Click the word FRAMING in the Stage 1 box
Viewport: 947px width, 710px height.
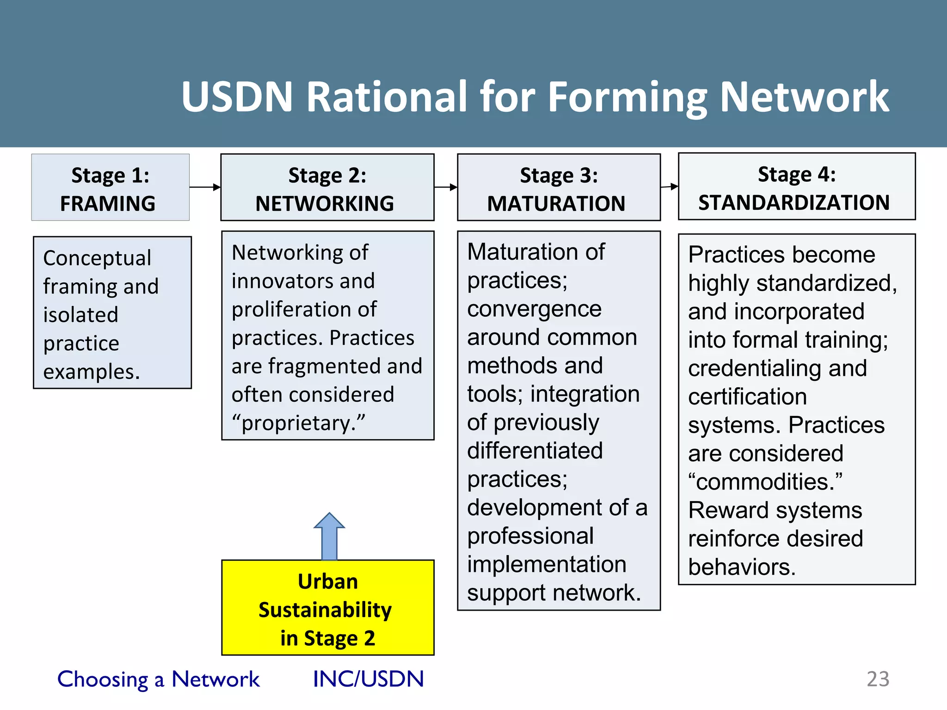[x=108, y=204]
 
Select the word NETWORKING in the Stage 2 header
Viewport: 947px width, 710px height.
[x=325, y=204]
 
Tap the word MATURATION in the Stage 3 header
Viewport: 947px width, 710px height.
[x=556, y=204]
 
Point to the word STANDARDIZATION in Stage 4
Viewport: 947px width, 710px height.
[x=794, y=203]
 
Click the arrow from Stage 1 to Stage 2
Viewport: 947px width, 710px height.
[x=205, y=187]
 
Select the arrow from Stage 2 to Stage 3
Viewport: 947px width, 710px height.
[x=446, y=187]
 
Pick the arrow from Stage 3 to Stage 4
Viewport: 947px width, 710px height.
[x=669, y=187]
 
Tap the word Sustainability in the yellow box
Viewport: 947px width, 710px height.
[x=325, y=610]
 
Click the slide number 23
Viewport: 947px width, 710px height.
[x=878, y=679]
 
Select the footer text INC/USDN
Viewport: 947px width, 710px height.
[x=368, y=679]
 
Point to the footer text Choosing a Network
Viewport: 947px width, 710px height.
[x=158, y=679]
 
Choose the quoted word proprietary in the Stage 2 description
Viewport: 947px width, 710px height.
[x=298, y=423]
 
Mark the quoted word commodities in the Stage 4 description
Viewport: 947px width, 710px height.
[x=765, y=482]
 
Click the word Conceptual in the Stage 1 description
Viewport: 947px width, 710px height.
[x=97, y=258]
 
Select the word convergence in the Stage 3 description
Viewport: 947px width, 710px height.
[x=534, y=309]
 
